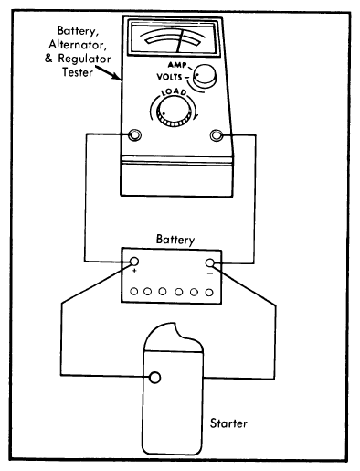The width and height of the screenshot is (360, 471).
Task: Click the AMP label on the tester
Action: (177, 65)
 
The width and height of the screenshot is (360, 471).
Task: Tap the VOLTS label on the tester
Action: (169, 77)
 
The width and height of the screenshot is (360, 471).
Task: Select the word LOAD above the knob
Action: (174, 91)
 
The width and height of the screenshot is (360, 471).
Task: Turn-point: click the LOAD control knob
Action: (174, 112)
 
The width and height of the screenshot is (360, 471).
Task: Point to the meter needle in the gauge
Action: (181, 41)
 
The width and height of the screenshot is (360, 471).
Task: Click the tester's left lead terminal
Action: (134, 134)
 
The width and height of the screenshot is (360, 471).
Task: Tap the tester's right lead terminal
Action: (217, 135)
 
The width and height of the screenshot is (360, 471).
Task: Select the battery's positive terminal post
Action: (134, 262)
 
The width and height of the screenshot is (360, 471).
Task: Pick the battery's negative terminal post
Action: (210, 262)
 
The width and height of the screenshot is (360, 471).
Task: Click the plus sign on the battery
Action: (135, 270)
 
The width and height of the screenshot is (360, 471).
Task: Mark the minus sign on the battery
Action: (210, 273)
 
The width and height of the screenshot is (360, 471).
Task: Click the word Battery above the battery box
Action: (175, 240)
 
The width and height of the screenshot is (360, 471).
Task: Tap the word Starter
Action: (228, 423)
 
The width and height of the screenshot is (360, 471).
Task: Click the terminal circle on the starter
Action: (155, 378)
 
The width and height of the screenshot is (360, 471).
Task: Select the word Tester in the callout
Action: (78, 72)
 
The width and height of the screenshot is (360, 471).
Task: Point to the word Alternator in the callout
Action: (78, 45)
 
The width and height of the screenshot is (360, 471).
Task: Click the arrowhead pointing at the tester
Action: (118, 78)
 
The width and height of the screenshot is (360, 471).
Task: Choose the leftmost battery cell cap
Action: (134, 292)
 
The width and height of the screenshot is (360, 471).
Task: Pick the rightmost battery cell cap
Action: (209, 293)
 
